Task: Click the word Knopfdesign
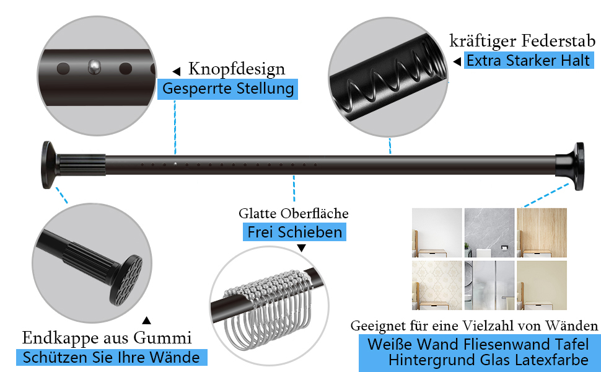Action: pyautogui.click(x=237, y=68)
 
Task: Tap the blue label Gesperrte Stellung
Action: pyautogui.click(x=228, y=88)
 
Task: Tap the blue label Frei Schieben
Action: pyautogui.click(x=294, y=232)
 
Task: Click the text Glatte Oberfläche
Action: pyautogui.click(x=294, y=213)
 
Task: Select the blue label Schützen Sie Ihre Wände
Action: pyautogui.click(x=112, y=358)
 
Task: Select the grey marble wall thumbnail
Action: pyautogui.click(x=489, y=232)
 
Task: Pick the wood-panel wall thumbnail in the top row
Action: pyautogui.click(x=542, y=232)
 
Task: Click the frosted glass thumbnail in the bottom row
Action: pyautogui.click(x=489, y=285)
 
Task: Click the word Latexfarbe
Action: pyautogui.click(x=553, y=359)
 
